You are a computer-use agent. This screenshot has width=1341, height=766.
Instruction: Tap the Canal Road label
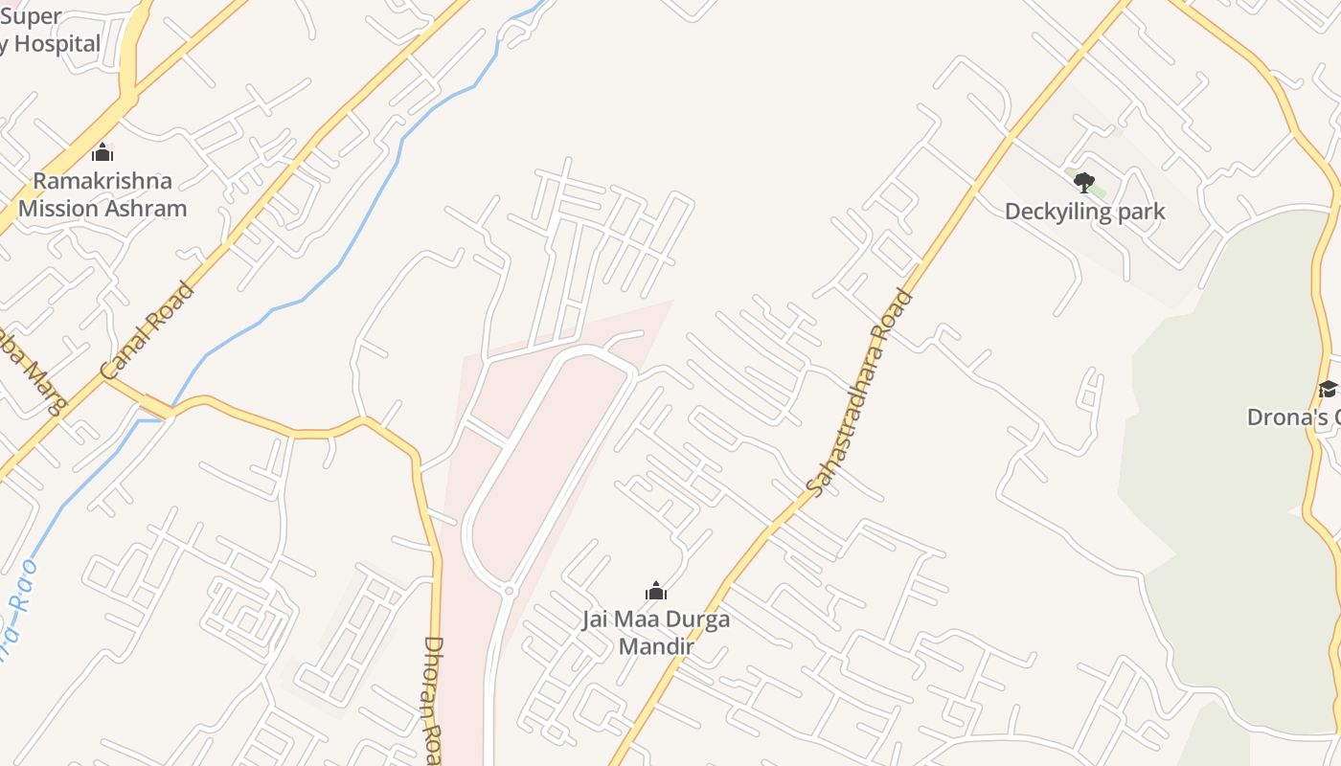pos(148,330)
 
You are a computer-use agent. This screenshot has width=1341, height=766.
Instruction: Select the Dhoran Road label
pos(433,699)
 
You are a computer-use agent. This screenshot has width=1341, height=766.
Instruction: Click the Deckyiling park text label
pos(1084,212)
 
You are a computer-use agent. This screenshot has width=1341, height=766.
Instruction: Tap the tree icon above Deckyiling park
pos(1083,182)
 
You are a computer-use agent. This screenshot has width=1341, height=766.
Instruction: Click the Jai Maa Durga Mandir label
pos(655,632)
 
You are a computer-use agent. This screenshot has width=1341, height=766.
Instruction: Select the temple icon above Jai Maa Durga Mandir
pos(655,591)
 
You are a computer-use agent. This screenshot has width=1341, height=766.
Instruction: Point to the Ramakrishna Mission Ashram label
pos(102,194)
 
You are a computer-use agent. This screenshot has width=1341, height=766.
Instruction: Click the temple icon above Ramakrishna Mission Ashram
pos(102,152)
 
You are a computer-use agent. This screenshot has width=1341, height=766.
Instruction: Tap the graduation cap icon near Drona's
pos(1327,388)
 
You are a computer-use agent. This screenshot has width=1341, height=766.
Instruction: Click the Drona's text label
pos(1293,417)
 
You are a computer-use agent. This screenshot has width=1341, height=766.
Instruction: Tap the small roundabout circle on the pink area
pos(510,591)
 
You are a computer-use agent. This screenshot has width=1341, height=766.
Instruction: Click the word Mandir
pos(655,646)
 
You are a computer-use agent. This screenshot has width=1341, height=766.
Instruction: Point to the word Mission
pos(56,209)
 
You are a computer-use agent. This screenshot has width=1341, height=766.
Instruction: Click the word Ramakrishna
pos(102,181)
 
